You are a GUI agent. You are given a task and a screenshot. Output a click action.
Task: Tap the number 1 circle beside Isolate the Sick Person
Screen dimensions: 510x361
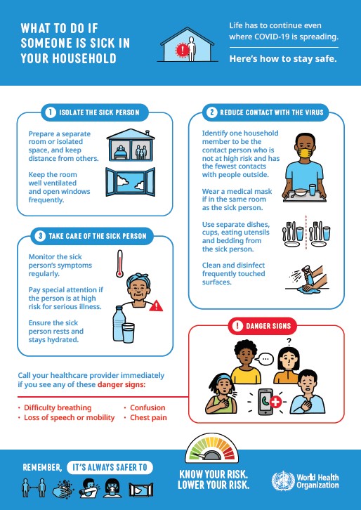51,112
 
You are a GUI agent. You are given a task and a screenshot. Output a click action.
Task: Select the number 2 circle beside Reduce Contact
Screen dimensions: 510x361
211,112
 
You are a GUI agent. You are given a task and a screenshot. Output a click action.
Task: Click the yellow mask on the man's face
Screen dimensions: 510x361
306,152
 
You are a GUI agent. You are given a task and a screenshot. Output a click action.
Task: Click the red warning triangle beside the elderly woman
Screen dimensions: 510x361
155,306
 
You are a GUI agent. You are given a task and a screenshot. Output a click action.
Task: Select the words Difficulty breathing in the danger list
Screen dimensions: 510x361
58,407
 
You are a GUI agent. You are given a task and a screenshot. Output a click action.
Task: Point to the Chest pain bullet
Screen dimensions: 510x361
147,417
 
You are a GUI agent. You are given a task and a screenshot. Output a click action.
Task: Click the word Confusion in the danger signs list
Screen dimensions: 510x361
147,407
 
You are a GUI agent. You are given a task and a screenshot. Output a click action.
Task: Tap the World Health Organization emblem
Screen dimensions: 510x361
282,481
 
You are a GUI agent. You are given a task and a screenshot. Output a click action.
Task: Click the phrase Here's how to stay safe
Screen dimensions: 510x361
283,58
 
